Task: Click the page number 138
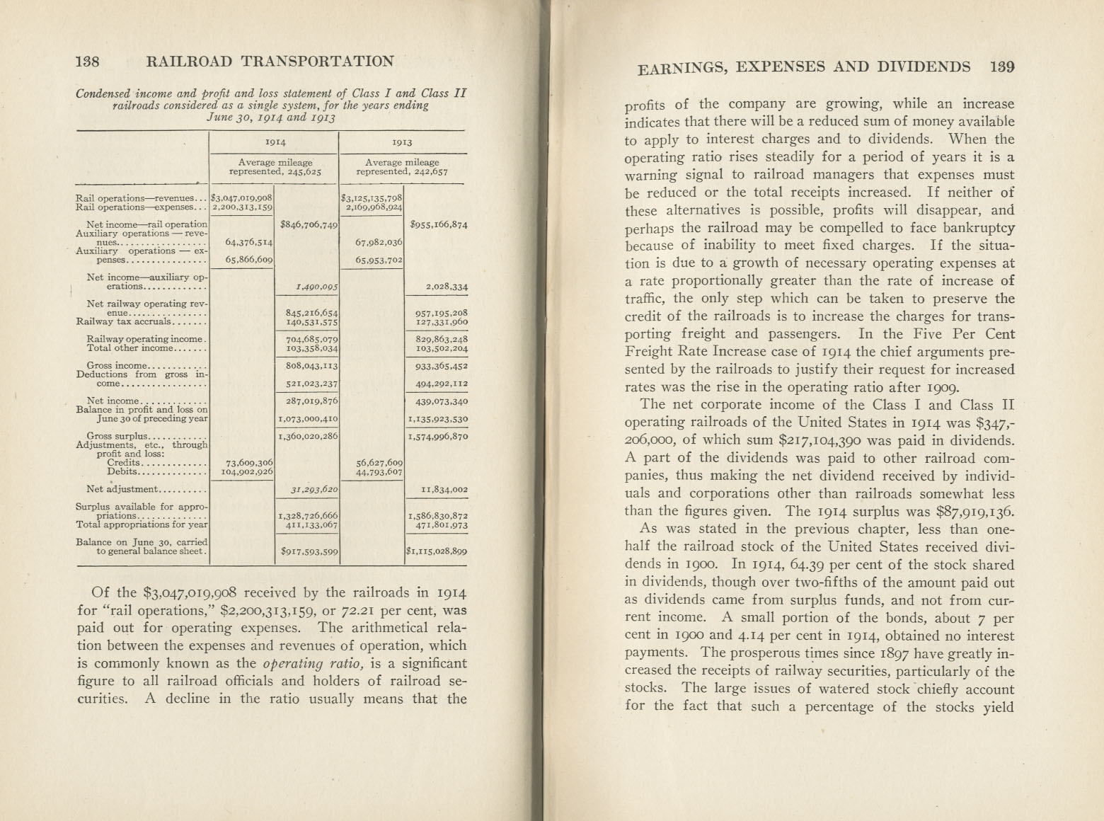pyautogui.click(x=88, y=61)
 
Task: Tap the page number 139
pyautogui.click(x=1002, y=67)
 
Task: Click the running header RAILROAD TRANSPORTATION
pyautogui.click(x=270, y=61)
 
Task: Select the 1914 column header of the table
pyautogui.click(x=275, y=142)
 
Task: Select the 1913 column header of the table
pyautogui.click(x=402, y=142)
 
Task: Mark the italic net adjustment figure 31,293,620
pyautogui.click(x=314, y=489)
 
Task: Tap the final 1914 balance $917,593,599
pyautogui.click(x=309, y=551)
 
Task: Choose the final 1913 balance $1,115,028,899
pyautogui.click(x=437, y=551)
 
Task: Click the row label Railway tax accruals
pyautogui.click(x=125, y=321)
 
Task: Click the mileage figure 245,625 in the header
pyautogui.click(x=306, y=172)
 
